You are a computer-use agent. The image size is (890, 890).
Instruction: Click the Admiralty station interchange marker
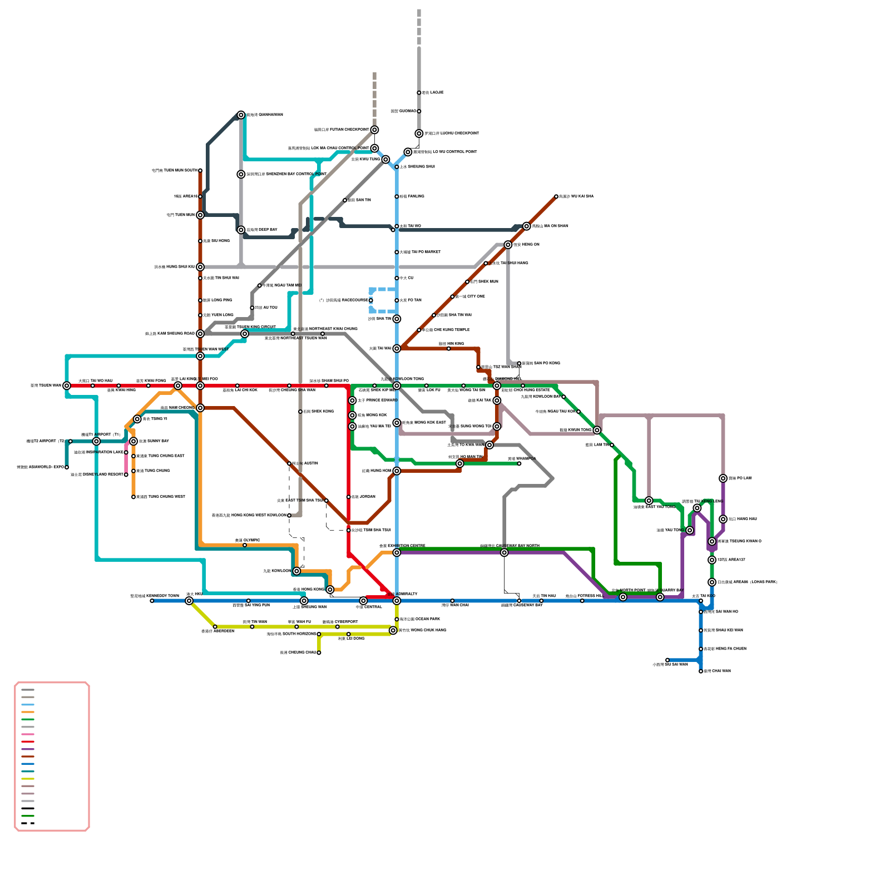tap(397, 601)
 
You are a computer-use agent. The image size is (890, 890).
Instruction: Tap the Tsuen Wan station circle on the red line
tap(67, 385)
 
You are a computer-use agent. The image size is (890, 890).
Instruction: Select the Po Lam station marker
tap(723, 478)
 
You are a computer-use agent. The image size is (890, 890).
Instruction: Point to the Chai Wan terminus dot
tap(701, 671)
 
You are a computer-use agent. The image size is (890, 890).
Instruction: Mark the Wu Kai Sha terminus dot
tap(556, 196)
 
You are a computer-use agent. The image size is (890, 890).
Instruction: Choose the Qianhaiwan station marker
tap(241, 115)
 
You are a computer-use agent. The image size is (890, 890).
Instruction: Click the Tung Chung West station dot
tap(133, 497)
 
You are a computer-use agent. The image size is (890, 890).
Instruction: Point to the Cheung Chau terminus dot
tap(319, 652)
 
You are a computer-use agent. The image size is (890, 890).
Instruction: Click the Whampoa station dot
tap(519, 463)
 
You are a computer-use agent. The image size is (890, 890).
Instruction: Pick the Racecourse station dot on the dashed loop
tap(371, 300)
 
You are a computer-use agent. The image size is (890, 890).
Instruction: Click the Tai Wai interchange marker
tap(397, 349)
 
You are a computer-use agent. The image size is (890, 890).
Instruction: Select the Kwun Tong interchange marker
tap(597, 430)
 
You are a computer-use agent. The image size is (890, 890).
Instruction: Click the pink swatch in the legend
tap(28, 734)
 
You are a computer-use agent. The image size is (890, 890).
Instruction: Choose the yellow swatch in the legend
tap(28, 779)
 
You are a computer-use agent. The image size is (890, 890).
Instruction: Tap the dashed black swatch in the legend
tap(28, 823)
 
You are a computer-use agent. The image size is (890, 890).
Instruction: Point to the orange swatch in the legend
tap(28, 712)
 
